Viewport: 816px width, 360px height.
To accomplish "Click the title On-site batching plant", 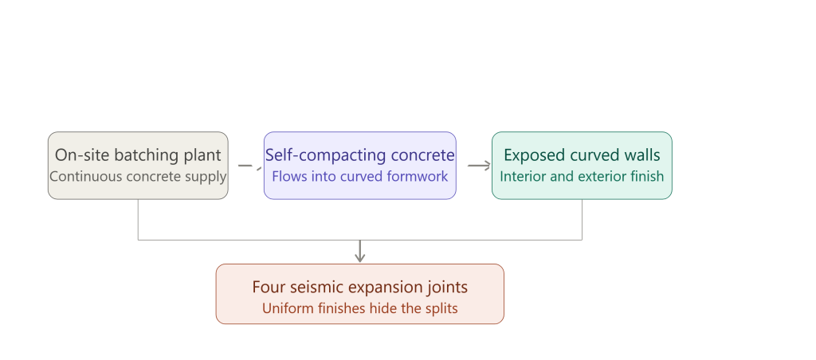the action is pyautogui.click(x=138, y=155).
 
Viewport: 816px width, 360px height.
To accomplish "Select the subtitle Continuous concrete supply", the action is pyautogui.click(x=138, y=176).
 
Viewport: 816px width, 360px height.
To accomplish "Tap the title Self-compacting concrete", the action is pyautogui.click(x=360, y=155).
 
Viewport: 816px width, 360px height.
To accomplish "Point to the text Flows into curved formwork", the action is pyautogui.click(x=360, y=176).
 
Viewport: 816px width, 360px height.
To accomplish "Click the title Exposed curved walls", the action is pyautogui.click(x=582, y=155).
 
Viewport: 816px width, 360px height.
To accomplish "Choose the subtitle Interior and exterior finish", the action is pyautogui.click(x=582, y=176).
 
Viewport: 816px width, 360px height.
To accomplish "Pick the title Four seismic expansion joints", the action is pyautogui.click(x=360, y=288).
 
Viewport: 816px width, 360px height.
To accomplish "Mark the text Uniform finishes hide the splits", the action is pyautogui.click(x=360, y=308).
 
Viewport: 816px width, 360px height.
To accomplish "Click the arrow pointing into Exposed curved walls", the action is pyautogui.click(x=479, y=166).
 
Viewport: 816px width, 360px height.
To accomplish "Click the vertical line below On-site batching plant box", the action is pyautogui.click(x=138, y=220).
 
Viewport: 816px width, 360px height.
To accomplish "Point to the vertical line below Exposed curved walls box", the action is pyautogui.click(x=582, y=220).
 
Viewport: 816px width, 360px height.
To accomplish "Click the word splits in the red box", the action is pyautogui.click(x=441, y=308).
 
